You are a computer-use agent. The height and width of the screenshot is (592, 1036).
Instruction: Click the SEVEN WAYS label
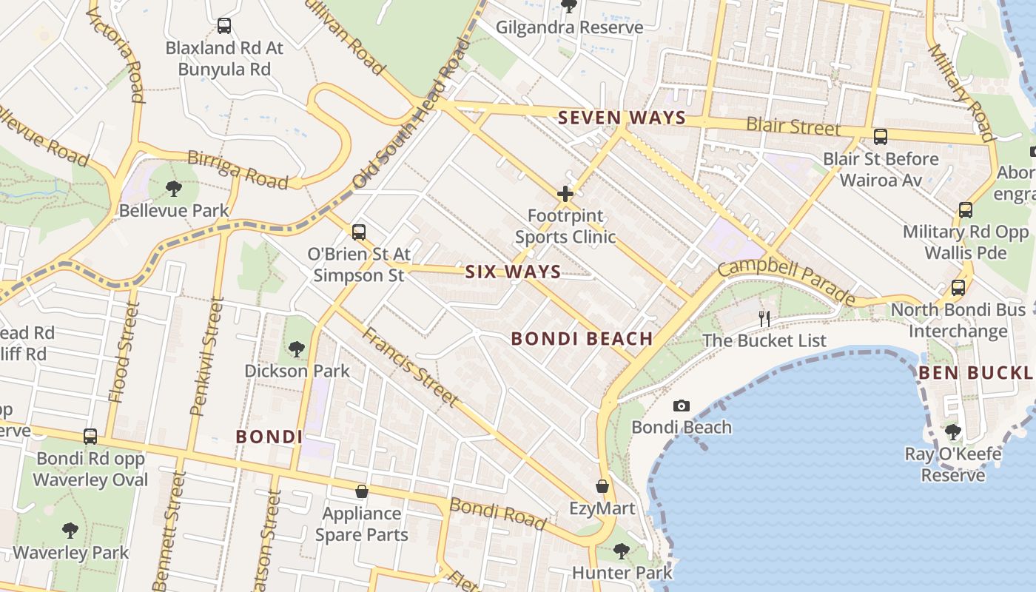click(622, 118)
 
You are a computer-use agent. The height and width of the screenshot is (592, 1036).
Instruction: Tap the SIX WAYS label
click(513, 272)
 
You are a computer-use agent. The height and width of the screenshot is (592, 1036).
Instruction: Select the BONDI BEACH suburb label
click(582, 339)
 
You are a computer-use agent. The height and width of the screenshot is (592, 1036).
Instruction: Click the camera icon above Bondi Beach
click(682, 406)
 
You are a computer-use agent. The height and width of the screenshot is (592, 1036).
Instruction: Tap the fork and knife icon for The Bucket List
click(764, 319)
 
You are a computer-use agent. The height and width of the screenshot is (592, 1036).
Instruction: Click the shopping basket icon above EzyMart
click(602, 486)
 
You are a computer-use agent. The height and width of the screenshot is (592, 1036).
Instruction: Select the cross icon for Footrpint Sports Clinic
click(565, 195)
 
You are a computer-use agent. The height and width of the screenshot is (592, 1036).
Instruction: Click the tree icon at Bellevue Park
click(174, 189)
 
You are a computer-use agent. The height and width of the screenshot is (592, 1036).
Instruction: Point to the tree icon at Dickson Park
click(296, 349)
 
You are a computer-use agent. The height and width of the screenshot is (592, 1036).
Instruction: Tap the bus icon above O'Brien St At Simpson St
click(359, 232)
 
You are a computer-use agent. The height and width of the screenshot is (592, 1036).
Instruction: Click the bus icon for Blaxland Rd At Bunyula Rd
click(224, 26)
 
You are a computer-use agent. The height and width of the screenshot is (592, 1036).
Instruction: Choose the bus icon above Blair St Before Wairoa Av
click(881, 137)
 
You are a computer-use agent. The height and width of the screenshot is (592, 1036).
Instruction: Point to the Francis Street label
click(409, 366)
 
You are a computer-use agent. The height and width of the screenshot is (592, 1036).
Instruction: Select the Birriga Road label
click(238, 169)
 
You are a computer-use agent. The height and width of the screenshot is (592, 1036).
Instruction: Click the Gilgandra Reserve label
click(569, 27)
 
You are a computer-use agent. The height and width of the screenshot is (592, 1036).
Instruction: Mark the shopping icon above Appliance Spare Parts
click(362, 491)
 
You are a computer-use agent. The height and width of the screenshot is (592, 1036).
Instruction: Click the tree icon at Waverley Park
click(70, 530)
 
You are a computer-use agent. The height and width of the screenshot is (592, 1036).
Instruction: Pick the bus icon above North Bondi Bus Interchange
click(958, 288)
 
